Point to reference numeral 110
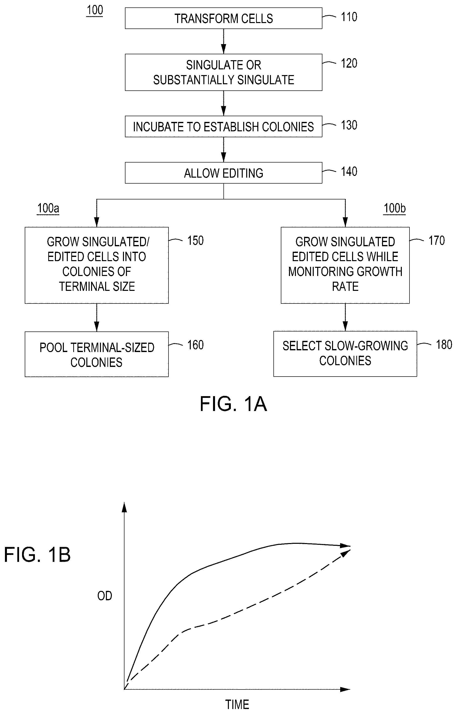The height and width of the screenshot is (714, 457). point(349,17)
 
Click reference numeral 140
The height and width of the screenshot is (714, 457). point(349,171)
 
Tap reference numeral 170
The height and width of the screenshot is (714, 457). point(436,240)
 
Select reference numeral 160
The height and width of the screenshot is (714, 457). point(195,345)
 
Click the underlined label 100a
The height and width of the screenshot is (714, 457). point(48,208)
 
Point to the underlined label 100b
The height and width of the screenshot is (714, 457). point(395,208)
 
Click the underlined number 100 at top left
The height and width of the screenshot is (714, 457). point(95,10)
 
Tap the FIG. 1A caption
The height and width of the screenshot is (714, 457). point(233,404)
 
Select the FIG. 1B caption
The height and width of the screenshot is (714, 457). point(37,554)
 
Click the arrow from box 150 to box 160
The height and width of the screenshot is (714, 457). point(97,317)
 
